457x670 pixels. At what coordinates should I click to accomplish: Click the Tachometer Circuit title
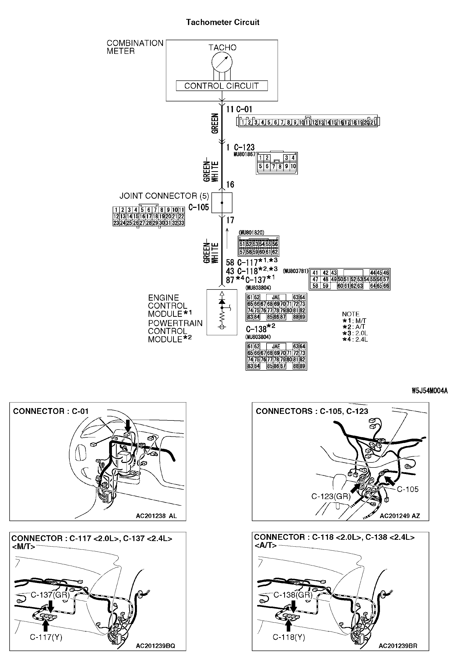click(x=223, y=22)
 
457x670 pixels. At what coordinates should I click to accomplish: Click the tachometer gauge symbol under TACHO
click(x=222, y=62)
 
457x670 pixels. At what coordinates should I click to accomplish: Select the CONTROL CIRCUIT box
click(x=222, y=86)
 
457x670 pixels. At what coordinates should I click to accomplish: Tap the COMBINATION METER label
click(x=135, y=47)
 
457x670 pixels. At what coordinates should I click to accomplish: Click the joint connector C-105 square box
click(x=222, y=203)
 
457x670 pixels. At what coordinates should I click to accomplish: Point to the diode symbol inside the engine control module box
click(x=222, y=302)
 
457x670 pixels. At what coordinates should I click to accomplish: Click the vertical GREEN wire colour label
click(x=215, y=123)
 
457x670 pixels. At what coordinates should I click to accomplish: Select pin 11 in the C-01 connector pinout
click(x=307, y=123)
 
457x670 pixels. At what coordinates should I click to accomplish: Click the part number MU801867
click(x=244, y=154)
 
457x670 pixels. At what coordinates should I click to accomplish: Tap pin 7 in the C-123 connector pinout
click(x=273, y=166)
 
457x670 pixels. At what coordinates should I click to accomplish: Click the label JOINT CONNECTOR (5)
click(x=164, y=196)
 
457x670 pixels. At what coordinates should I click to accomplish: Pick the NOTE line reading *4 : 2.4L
click(x=355, y=339)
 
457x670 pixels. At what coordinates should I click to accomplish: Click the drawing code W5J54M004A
click(x=429, y=391)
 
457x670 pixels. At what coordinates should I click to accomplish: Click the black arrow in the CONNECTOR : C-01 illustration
click(x=128, y=426)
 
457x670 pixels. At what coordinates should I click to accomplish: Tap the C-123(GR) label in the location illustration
click(x=331, y=496)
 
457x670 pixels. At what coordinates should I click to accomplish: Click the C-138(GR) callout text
click(x=293, y=595)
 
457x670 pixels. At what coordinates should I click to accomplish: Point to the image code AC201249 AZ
click(x=399, y=516)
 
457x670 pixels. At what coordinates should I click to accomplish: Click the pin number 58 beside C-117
click(x=230, y=262)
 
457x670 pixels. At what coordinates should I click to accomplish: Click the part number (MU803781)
click(x=295, y=271)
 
